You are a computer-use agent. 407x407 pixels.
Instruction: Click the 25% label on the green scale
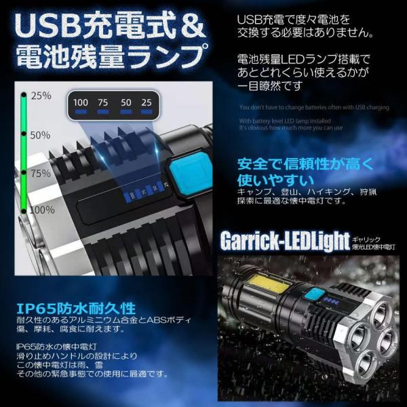click(41, 96)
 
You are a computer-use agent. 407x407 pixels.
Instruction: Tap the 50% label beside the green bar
click(41, 135)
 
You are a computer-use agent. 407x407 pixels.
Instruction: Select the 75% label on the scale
click(41, 174)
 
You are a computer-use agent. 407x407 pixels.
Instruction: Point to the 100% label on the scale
click(42, 210)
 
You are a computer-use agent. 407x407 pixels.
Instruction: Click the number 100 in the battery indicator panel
click(81, 102)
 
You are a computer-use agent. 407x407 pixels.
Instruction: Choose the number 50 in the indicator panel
click(125, 102)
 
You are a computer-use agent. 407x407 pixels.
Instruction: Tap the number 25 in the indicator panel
click(145, 102)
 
